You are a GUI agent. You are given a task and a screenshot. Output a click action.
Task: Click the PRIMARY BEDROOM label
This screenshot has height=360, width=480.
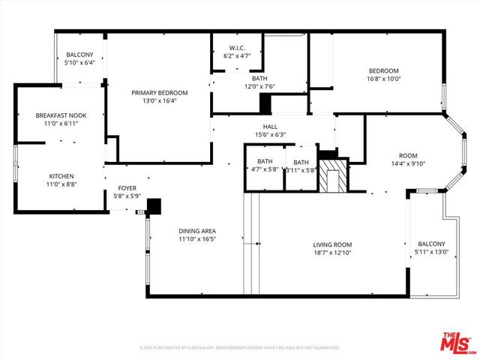tap(160, 92)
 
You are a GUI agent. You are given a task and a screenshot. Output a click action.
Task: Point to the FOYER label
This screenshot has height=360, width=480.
tap(126, 188)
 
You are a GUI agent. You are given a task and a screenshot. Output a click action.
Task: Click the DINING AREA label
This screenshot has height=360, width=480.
tap(197, 230)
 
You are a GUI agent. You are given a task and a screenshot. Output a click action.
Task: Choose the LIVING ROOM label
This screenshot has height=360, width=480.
tap(331, 244)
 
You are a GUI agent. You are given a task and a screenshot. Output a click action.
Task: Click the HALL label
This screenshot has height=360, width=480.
tap(270, 127)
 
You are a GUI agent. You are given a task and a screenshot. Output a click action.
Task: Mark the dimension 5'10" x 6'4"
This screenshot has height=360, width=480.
tap(79, 64)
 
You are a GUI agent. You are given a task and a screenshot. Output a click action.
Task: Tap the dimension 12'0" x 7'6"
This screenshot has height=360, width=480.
tap(259, 86)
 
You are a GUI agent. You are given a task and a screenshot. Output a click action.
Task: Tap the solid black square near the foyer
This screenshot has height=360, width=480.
tap(154, 205)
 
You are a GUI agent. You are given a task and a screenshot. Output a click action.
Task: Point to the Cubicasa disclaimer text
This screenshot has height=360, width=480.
tap(240, 348)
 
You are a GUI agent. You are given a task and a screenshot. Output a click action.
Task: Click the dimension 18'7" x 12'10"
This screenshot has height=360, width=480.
tap(331, 253)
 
